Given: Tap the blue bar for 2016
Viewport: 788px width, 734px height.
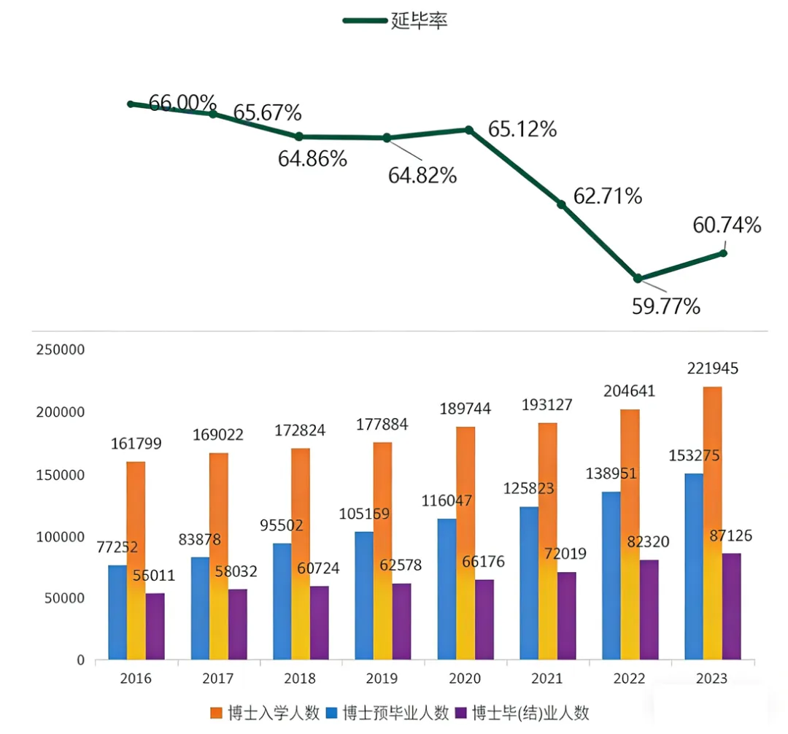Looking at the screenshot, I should tap(117, 613).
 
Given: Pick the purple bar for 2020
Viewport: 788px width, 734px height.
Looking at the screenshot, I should tap(484, 620).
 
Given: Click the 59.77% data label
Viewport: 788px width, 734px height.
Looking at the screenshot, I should tap(665, 305).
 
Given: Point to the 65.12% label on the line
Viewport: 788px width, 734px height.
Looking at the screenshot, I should tap(522, 130).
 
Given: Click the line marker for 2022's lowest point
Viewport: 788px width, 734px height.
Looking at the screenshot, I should tap(638, 278).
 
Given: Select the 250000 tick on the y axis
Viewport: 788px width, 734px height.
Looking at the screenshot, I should tap(60, 349).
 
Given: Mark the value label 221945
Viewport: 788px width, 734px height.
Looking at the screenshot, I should tap(714, 369).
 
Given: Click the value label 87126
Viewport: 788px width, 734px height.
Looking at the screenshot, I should tap(731, 536).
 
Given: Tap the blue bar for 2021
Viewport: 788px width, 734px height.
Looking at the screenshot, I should tap(529, 584).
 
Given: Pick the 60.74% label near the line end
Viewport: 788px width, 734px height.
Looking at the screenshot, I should tap(727, 225).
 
